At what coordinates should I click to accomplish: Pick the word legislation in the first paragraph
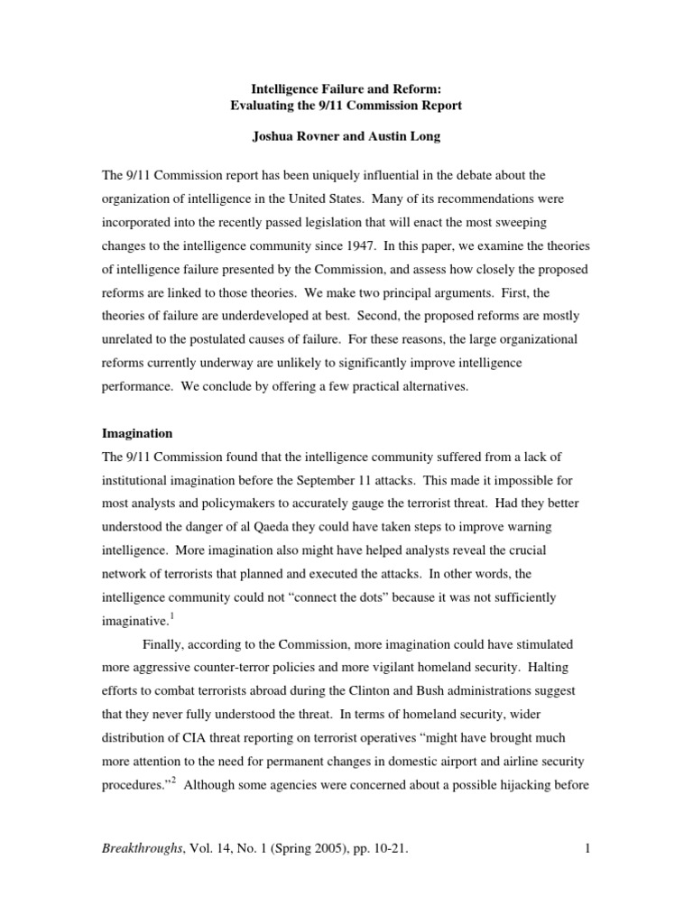(351, 220)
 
